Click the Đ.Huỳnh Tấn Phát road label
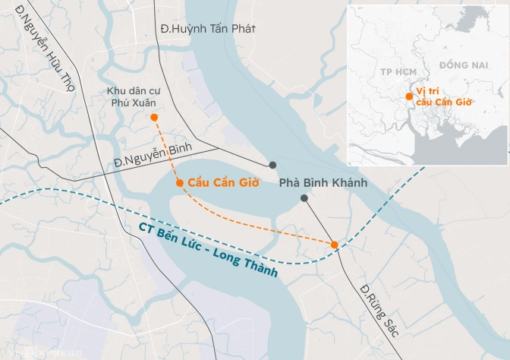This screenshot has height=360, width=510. coord(208,28)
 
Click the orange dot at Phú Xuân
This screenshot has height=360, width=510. coord(154,117)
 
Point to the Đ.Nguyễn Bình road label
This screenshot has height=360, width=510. coord(153,153)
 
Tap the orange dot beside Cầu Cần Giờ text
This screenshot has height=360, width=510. coord(179,183)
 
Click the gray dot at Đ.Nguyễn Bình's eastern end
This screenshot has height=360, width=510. coord(272,165)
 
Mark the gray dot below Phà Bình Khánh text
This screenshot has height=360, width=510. coord(304,198)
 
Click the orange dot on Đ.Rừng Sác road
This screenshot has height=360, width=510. coord(335,244)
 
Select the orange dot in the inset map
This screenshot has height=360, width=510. coord(410,96)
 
